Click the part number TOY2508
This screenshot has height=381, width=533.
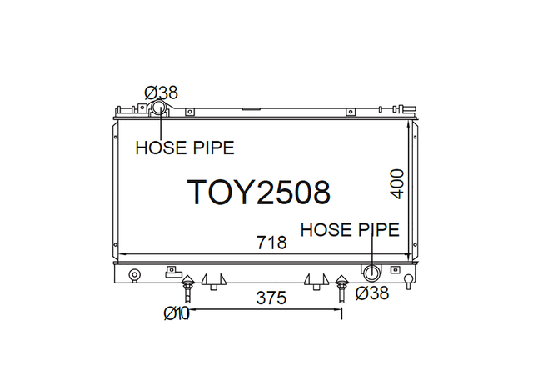pos(258,193)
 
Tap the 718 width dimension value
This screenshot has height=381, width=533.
pos(271,243)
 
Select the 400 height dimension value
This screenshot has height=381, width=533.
pos(397,183)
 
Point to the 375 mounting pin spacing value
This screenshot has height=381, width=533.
pos(271,298)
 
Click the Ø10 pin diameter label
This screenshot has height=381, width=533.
pos(176,313)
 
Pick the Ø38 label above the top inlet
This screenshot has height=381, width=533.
pos(161,93)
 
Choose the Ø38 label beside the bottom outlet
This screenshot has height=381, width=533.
pos(372,293)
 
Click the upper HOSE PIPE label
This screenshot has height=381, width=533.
pos(185,148)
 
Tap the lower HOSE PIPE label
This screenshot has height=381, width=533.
pos(350,229)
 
